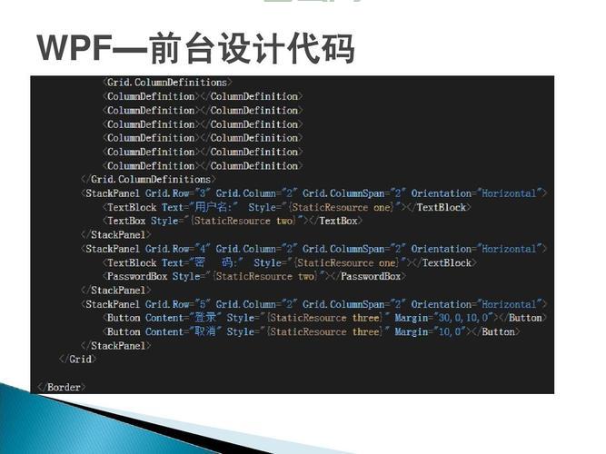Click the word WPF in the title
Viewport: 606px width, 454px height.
(66, 48)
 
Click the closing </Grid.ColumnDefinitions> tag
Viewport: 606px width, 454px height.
(147, 180)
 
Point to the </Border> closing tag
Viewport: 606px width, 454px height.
(62, 387)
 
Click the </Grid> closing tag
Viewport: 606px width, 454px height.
(78, 360)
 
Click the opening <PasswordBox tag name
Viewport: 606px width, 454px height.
(137, 276)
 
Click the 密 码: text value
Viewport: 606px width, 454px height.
(218, 262)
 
